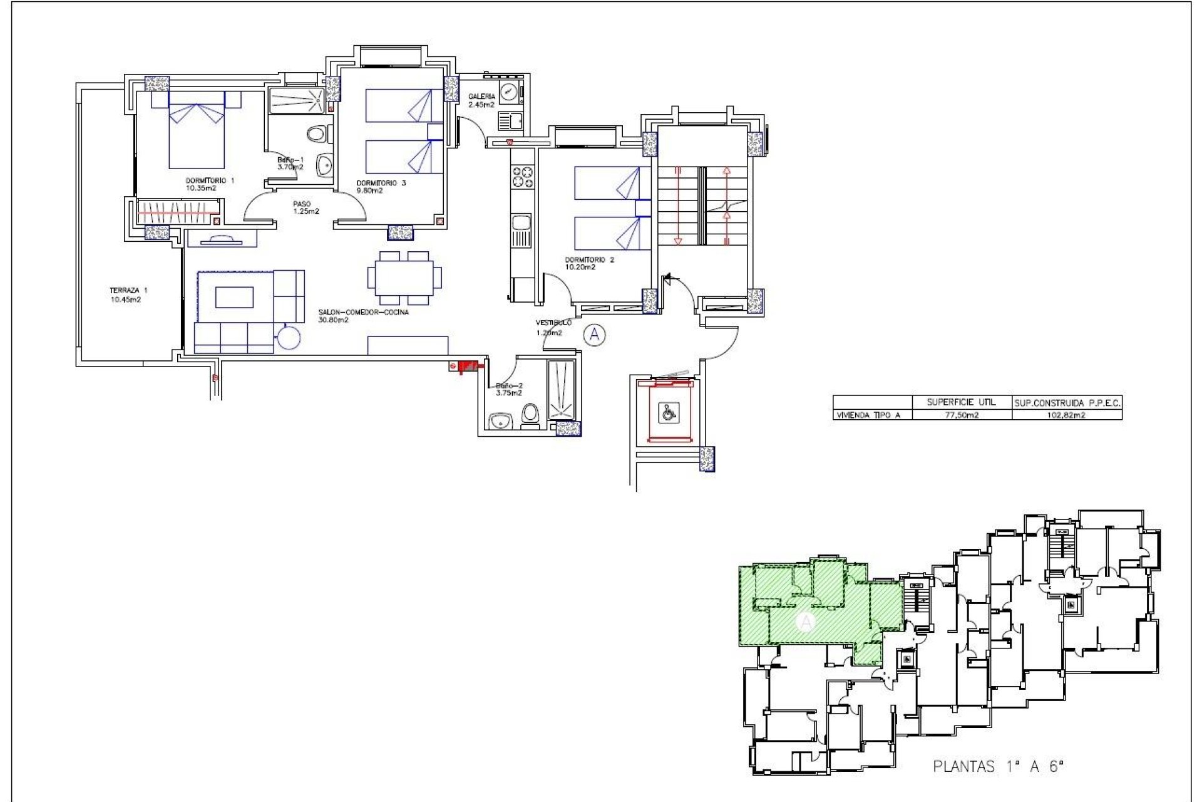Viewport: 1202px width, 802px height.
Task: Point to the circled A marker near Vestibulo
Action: tap(594, 335)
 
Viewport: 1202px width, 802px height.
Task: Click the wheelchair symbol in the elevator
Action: tap(669, 412)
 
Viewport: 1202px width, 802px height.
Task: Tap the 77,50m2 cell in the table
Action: tap(961, 415)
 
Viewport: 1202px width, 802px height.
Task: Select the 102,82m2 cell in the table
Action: tap(1067, 415)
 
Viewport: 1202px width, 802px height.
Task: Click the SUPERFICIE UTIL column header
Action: tap(961, 402)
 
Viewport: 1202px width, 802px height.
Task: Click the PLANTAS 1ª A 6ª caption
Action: tap(998, 766)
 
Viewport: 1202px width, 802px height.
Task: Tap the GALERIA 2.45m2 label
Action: tap(481, 100)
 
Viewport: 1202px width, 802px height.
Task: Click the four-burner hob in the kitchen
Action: tap(523, 176)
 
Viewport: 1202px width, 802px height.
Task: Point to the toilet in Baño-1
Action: tap(318, 133)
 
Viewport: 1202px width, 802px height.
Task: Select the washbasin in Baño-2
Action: tap(500, 420)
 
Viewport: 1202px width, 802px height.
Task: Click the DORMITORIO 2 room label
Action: tap(589, 263)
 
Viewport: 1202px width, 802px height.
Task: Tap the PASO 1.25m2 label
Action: tap(305, 207)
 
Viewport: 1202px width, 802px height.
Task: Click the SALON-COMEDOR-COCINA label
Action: tap(363, 316)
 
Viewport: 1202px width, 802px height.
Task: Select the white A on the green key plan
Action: tap(806, 622)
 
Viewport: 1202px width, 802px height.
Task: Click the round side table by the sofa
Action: tap(289, 338)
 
